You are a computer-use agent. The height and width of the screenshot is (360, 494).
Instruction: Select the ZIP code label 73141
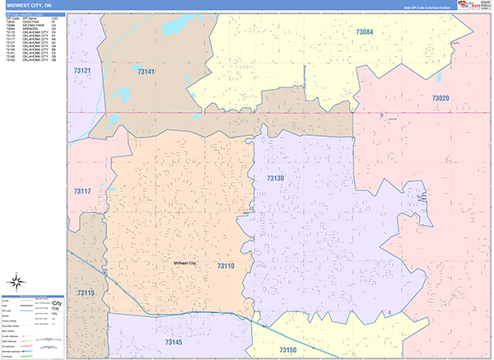pos(147,72)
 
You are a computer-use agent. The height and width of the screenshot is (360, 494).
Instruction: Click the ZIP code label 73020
pos(440,97)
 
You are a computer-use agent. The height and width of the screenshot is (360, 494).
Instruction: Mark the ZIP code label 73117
pos(82,191)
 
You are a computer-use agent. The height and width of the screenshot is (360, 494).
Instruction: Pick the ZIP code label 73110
pos(226,266)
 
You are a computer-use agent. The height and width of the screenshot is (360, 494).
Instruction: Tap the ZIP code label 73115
pos(86,292)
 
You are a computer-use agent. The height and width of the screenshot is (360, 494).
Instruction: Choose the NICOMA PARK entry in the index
pos(35,29)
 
